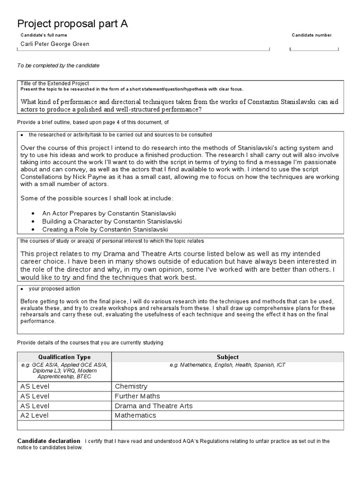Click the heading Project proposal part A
coord(72,24)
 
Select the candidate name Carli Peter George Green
coord(54,44)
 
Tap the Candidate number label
coord(311,35)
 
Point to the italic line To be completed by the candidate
coord(58,66)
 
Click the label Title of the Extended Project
coord(54,83)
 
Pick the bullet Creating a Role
coord(105,229)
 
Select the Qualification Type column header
coord(64,357)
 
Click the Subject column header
coord(227,357)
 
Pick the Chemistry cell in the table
coord(131,386)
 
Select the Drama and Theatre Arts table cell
coord(154,406)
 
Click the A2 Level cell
coord(35,415)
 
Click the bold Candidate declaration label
coord(48,441)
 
